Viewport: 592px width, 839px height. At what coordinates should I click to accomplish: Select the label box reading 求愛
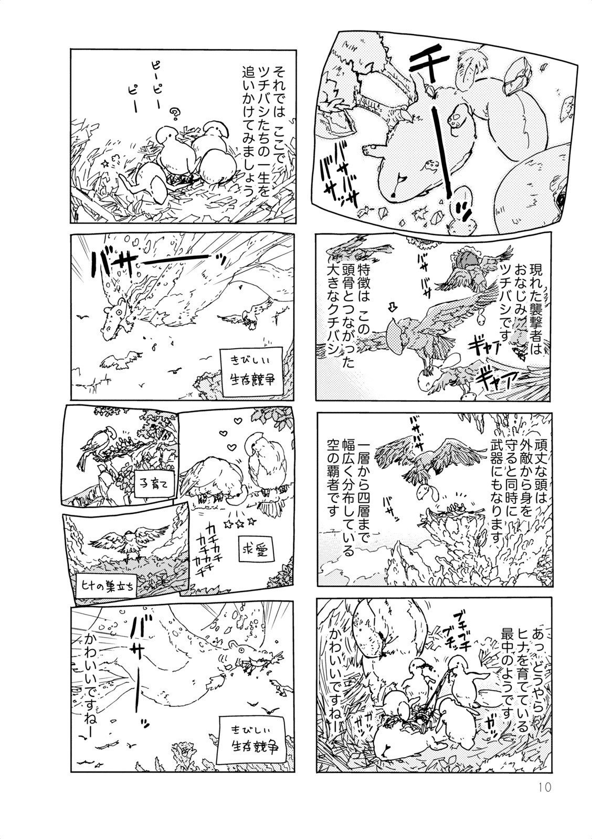coord(256,550)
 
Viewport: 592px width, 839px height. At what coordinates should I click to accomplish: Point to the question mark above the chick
coord(174,113)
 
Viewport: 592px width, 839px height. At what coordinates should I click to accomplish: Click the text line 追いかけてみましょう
coord(248,131)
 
